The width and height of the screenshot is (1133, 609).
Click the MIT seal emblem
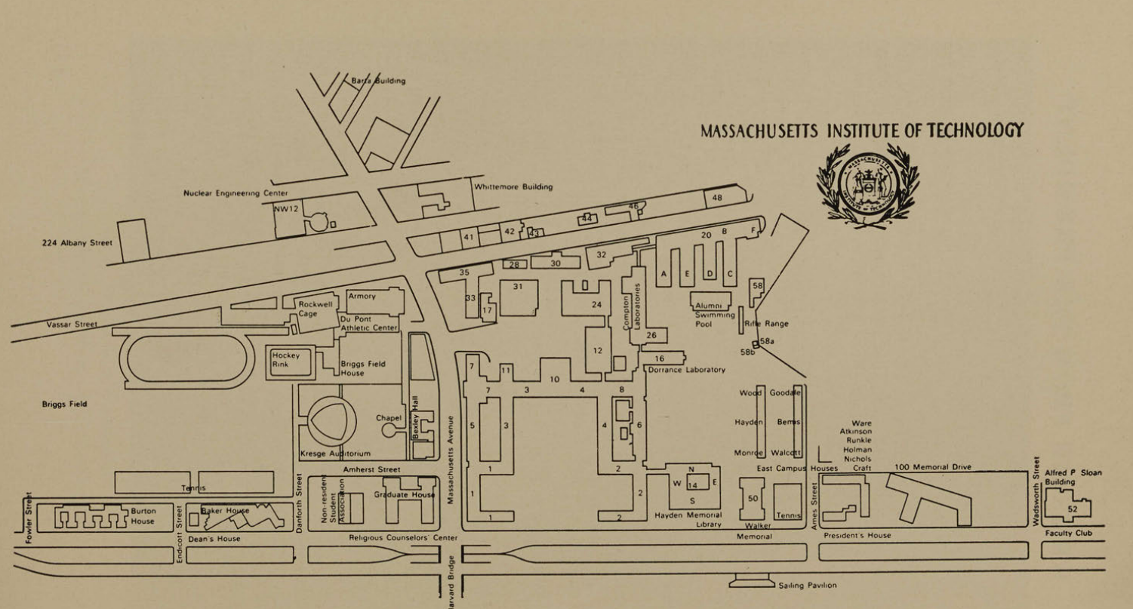pos(867,182)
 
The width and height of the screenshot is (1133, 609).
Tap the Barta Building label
pos(378,81)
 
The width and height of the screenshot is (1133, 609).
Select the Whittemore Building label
pos(513,187)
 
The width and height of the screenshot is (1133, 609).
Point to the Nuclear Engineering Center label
pos(235,193)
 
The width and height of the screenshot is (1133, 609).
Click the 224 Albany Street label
pos(77,243)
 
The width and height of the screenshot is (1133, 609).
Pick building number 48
pos(717,198)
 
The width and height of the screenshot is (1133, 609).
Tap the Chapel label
pos(389,418)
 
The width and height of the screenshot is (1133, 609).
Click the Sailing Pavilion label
pos(807,585)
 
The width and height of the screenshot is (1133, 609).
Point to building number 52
pos(1073,509)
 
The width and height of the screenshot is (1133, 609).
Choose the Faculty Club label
pos(1069,534)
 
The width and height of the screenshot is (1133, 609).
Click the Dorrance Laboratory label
pos(687,370)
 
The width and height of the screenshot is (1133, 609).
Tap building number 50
pos(753,499)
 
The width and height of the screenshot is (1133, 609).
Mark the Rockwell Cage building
pos(315,309)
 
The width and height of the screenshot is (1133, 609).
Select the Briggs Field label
pos(64,404)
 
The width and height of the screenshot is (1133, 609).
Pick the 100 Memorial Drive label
pos(933,468)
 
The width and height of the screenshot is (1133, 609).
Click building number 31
pos(518,287)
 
